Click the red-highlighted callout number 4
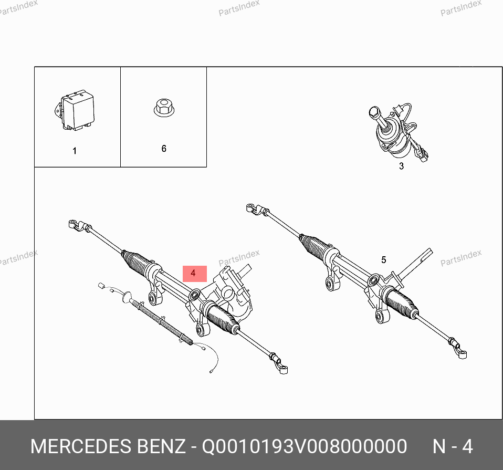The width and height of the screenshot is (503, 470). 193,273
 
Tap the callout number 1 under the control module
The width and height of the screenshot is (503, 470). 75,151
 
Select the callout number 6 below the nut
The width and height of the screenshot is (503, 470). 164,149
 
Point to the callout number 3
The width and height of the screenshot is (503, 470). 401,166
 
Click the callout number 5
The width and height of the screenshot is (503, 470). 384,260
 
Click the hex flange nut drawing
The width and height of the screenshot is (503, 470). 164,108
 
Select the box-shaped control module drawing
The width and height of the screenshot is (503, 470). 75,110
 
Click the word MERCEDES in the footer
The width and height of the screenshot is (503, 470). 81,446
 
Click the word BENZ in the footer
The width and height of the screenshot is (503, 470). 161,446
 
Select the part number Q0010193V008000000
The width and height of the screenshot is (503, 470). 305,446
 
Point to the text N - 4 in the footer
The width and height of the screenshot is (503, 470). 453,446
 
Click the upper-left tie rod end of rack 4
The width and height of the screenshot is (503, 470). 79,225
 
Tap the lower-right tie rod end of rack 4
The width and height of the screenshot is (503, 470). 279,364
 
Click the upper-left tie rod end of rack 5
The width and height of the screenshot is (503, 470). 257,208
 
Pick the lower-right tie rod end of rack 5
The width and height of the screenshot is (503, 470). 458,348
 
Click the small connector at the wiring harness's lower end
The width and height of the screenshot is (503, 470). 212,372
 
